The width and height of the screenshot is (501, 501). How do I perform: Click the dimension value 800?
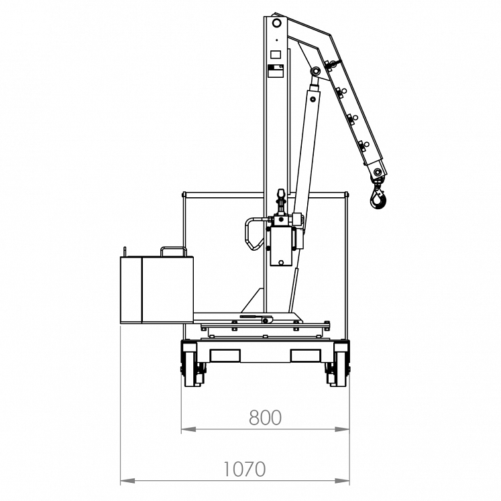(x=265, y=418)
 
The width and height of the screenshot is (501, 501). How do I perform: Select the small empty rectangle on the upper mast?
(x=275, y=53)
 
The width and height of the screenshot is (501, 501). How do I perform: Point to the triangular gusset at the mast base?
(x=253, y=301)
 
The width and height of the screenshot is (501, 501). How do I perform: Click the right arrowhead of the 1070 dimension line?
(x=345, y=481)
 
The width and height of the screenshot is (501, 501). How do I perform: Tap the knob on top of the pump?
(x=281, y=197)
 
